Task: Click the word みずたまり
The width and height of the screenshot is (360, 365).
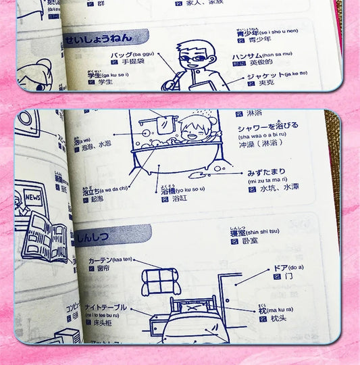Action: [x=266, y=172]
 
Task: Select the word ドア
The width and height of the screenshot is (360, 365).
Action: [x=279, y=268]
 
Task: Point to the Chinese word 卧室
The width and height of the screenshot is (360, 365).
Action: [x=249, y=241]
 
